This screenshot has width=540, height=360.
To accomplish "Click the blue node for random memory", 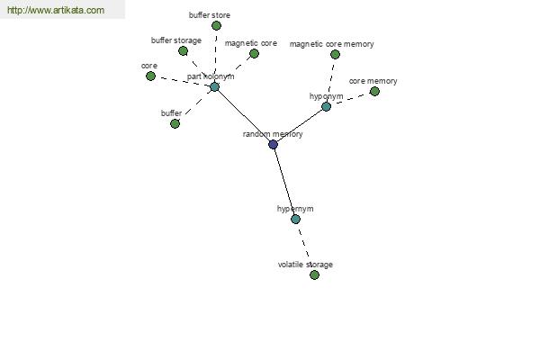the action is tap(273, 144).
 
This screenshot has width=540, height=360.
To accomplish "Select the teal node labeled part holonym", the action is tap(214, 86).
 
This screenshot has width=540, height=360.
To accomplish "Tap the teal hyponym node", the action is tap(326, 106).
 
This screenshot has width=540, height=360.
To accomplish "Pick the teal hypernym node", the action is tap(295, 219).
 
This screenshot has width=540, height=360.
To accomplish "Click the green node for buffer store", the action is tap(216, 25).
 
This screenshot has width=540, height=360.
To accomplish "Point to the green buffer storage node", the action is tap(184, 51).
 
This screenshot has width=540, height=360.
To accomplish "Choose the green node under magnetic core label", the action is tap(254, 53).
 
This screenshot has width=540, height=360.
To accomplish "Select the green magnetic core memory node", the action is tap(335, 54).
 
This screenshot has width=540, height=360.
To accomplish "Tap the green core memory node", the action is tap(374, 91).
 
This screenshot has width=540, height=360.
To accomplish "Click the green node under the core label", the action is tap(150, 76).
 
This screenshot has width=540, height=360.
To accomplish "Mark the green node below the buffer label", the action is tap(175, 123).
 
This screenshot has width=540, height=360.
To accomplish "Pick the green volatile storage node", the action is tap(314, 274).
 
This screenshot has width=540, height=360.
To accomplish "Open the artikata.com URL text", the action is tap(56, 10).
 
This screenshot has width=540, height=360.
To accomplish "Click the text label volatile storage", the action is tap(305, 265).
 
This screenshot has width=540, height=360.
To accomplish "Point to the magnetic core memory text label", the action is tap(331, 44).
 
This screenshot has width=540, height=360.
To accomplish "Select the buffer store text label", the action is tap(210, 15).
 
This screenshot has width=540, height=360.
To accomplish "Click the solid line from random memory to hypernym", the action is tap(284, 182).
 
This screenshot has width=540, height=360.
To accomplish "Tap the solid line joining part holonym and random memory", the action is tap(244, 116).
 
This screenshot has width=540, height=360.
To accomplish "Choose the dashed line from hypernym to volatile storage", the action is tap(305, 247).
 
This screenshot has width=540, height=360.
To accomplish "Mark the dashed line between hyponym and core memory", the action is tap(351, 99).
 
